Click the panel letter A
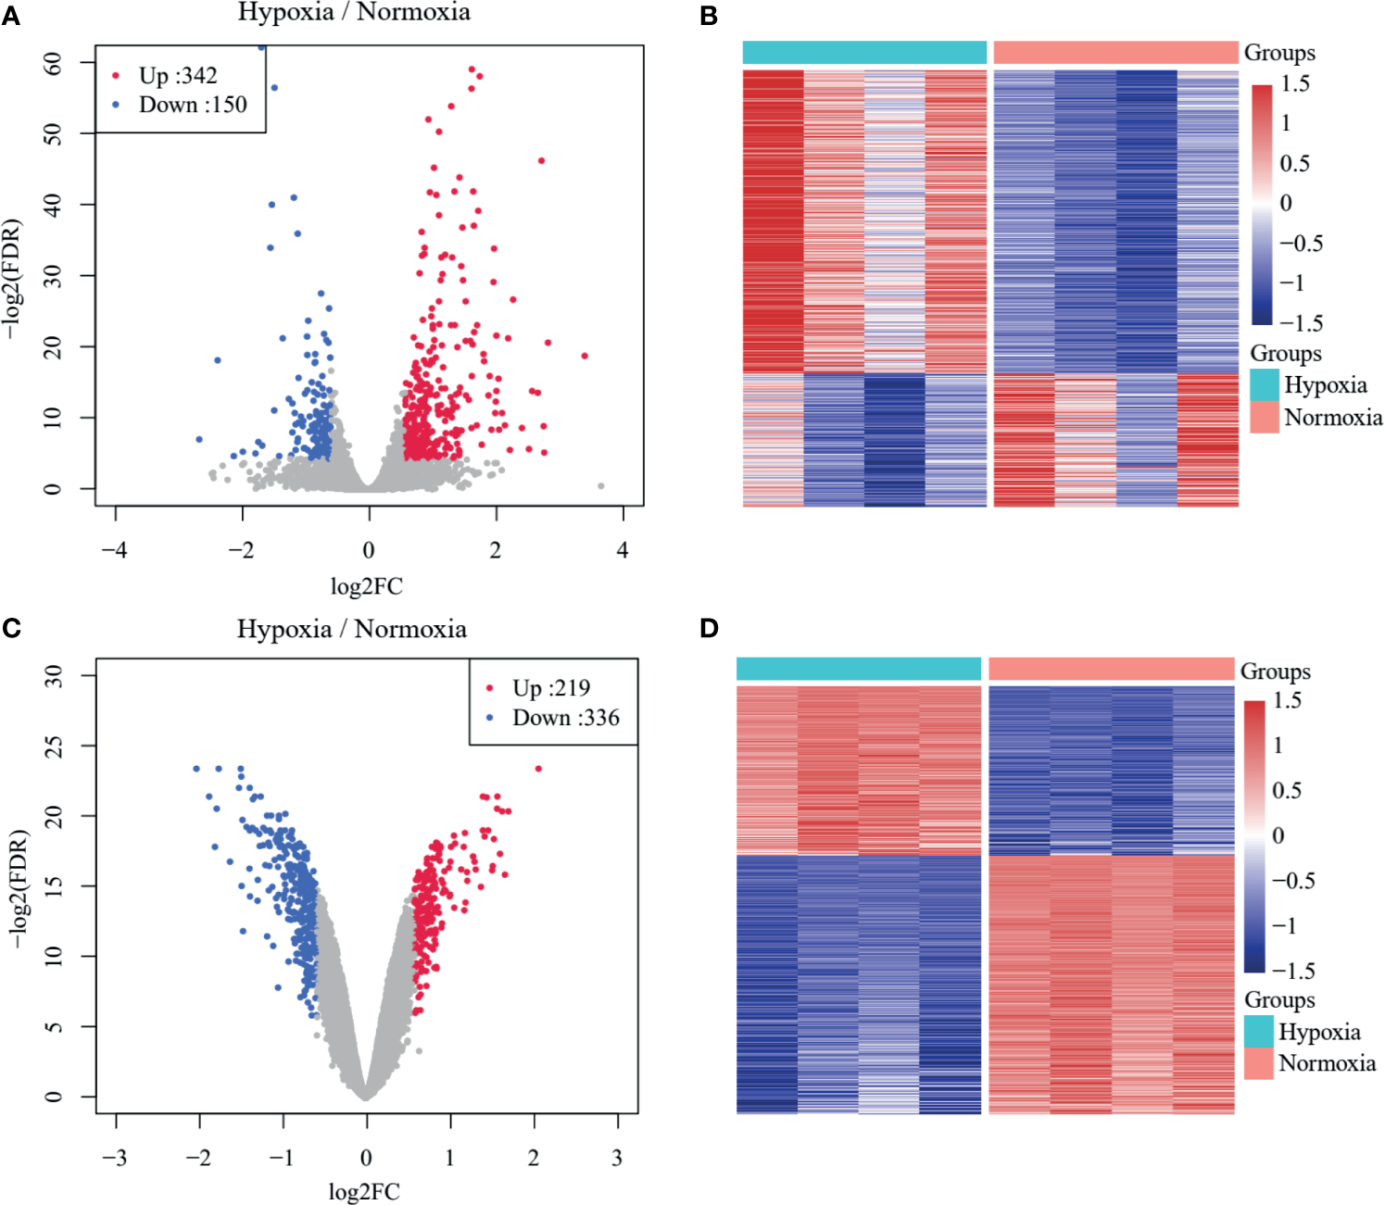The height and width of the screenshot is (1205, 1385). coord(11,16)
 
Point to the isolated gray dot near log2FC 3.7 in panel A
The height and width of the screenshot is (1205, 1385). coord(601,485)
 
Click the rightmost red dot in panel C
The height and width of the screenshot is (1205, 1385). coord(538,769)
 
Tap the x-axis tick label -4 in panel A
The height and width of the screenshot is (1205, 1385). coord(115,550)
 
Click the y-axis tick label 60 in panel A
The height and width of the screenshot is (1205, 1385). coord(53,62)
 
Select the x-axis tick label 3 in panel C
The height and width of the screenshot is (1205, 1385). coord(617,1158)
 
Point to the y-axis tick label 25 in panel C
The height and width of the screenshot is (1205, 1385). coord(53,746)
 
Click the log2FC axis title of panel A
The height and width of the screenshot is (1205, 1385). coord(367,586)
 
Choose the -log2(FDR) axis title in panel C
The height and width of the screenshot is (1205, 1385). coord(19,888)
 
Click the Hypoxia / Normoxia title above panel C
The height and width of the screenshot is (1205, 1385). coord(351,630)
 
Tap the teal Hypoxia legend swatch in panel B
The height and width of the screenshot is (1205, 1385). coord(1265,384)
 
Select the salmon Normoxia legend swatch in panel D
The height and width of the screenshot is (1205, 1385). coord(1259,1063)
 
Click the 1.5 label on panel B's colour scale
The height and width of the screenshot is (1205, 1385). coord(1295,84)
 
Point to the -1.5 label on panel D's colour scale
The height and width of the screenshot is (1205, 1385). coord(1293,971)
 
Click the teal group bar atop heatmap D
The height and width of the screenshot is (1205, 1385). coord(859,669)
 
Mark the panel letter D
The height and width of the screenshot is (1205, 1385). coord(709,629)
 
